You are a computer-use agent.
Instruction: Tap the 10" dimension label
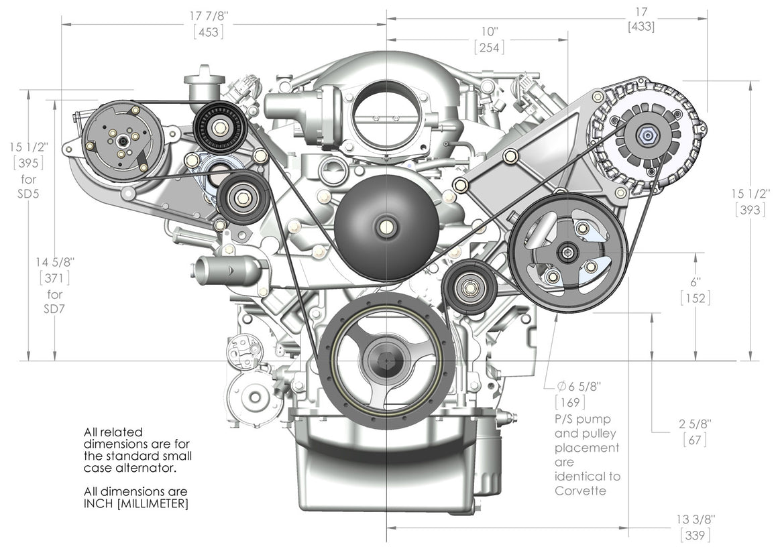click(x=490, y=32)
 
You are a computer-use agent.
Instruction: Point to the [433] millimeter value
click(x=641, y=27)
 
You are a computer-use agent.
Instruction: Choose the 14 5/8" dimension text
click(x=54, y=259)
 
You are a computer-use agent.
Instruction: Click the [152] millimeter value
click(x=696, y=298)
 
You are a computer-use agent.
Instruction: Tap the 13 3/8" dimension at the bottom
click(x=695, y=519)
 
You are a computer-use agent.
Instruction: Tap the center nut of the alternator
click(x=645, y=137)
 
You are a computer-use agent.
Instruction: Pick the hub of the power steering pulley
click(x=568, y=252)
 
